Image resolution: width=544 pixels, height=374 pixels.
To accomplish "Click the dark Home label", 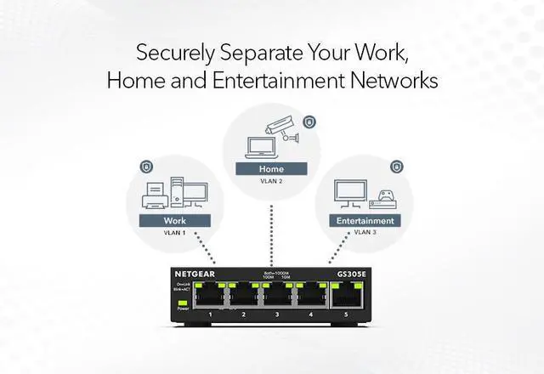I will (x=271, y=168).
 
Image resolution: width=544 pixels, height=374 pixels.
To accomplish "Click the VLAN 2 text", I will (x=271, y=181).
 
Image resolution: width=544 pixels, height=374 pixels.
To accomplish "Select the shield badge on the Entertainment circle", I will (x=395, y=167).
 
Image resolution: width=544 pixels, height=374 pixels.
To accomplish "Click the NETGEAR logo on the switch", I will (x=195, y=275).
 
